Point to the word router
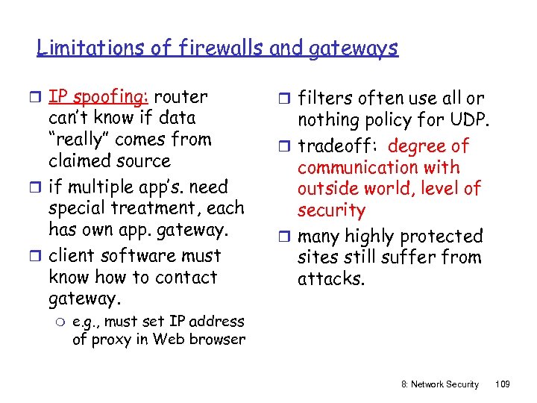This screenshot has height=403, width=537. coord(183,96)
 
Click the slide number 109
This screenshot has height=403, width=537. coord(502,384)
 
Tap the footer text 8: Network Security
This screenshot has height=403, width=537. coord(436,384)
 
